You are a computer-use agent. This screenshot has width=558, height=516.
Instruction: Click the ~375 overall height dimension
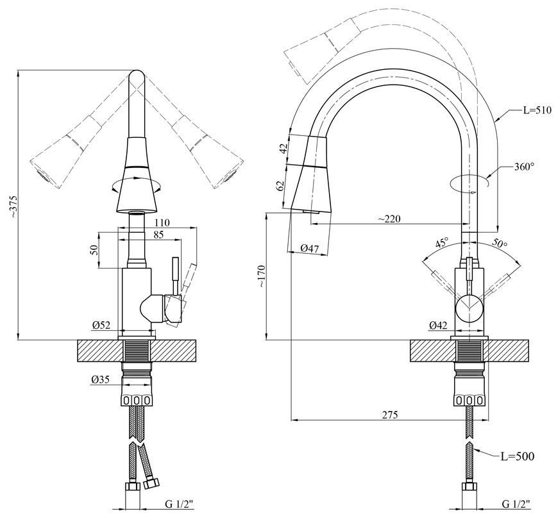[x=13, y=206]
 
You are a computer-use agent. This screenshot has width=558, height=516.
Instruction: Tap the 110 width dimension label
[x=162, y=222]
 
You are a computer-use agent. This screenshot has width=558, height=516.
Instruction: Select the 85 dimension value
[x=158, y=235]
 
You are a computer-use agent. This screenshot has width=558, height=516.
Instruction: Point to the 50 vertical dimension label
[x=94, y=249]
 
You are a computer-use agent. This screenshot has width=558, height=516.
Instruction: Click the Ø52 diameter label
[x=101, y=325]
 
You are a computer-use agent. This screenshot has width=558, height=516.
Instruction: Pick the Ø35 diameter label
[x=99, y=380]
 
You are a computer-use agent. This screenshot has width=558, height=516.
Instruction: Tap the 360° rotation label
[x=524, y=167]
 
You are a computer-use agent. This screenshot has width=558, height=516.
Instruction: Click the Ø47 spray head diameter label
[x=310, y=249]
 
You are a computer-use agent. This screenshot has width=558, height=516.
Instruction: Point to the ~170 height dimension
[x=262, y=276]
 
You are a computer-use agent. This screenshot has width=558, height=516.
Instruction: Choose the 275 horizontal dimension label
[x=390, y=415]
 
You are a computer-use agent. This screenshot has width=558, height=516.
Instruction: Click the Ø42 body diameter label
[x=437, y=325]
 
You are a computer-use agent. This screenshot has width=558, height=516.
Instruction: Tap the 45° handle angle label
[x=443, y=243]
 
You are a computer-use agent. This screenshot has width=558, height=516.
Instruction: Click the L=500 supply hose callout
[x=518, y=456]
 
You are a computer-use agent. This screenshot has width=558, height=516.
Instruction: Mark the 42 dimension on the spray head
[x=283, y=148]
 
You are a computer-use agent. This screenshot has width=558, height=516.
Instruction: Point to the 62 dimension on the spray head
[x=281, y=186]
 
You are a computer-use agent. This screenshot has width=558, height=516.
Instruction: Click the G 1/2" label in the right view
[x=516, y=504]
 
